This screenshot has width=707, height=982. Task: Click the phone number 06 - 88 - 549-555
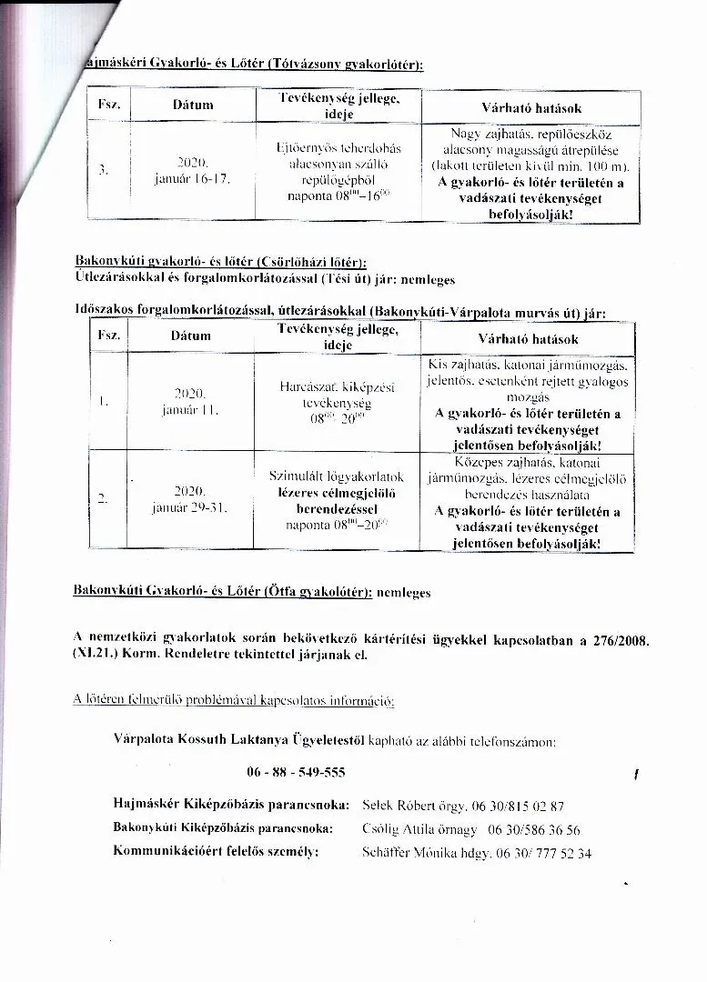coord(296,773)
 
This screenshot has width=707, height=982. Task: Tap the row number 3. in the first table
coord(105,169)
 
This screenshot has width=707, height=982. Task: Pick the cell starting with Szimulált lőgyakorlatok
coord(337,500)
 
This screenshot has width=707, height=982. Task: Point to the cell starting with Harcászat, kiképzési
coord(337,402)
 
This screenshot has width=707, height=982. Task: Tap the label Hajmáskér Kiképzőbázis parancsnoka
coord(231,806)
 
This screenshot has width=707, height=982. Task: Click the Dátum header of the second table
coord(191,336)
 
